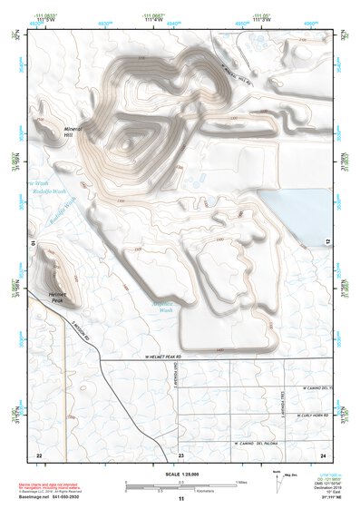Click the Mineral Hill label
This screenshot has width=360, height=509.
pyautogui.click(x=73, y=132)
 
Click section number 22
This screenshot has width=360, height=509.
pyautogui.click(x=39, y=455)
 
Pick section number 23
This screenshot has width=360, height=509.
pyautogui.click(x=181, y=455)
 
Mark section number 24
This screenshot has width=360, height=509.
pyautogui.click(x=323, y=455)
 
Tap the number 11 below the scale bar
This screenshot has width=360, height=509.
pyautogui.click(x=181, y=500)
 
